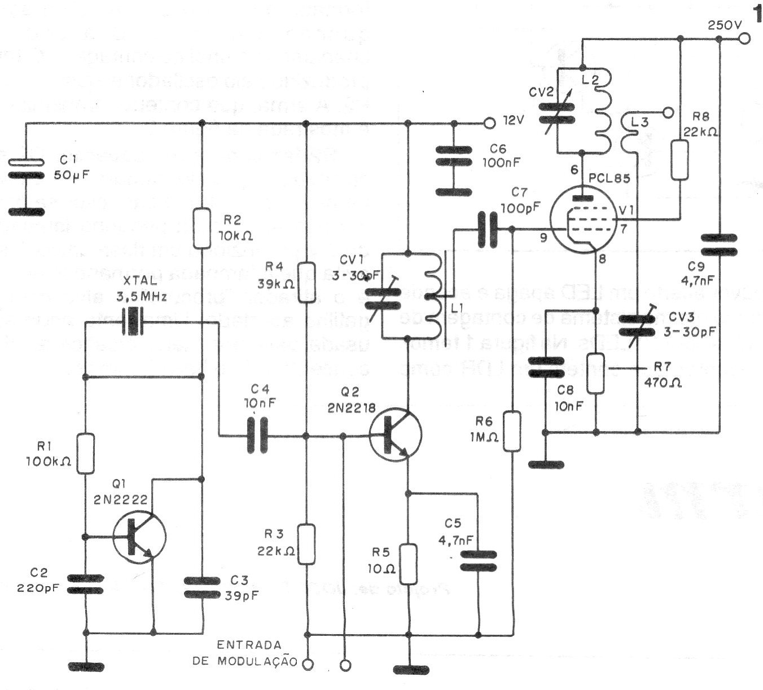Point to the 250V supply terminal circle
(744, 39)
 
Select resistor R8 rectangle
(680, 160)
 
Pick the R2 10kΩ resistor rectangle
(201, 229)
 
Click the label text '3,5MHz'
(141, 297)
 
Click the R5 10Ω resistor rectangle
(408, 564)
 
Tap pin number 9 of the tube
(543, 238)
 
